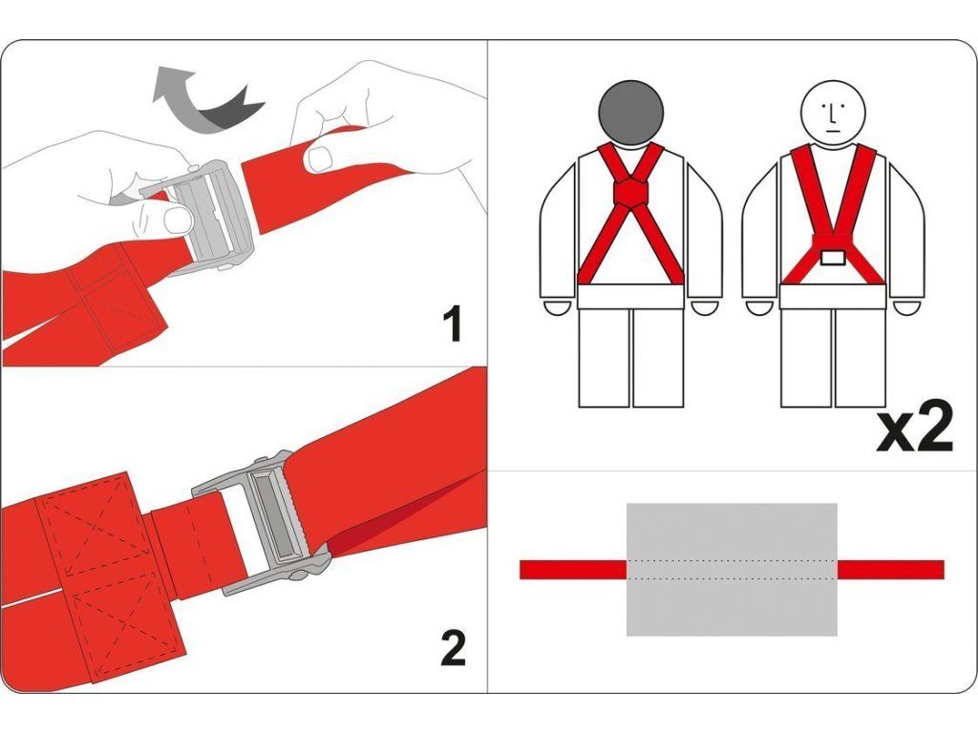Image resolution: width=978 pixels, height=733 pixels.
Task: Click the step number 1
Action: pos(452,324)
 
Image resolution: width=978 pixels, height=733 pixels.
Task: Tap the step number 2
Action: pos(453,648)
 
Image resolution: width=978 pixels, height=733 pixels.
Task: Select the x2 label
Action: pos(914,427)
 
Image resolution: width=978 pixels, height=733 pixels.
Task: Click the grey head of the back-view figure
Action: pos(630,113)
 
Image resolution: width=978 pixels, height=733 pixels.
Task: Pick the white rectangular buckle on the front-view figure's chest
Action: pos(833,258)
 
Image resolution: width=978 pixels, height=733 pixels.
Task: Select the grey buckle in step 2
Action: pos(262,525)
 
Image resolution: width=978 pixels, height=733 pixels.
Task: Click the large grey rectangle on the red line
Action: pos(732,569)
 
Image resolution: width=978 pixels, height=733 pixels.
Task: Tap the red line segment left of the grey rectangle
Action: pos(573,570)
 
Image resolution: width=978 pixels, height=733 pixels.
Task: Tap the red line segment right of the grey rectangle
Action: pos(891,570)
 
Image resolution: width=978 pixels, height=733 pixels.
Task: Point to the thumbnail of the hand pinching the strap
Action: pos(319,159)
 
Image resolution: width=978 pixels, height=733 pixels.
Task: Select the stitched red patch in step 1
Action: pos(116,293)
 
